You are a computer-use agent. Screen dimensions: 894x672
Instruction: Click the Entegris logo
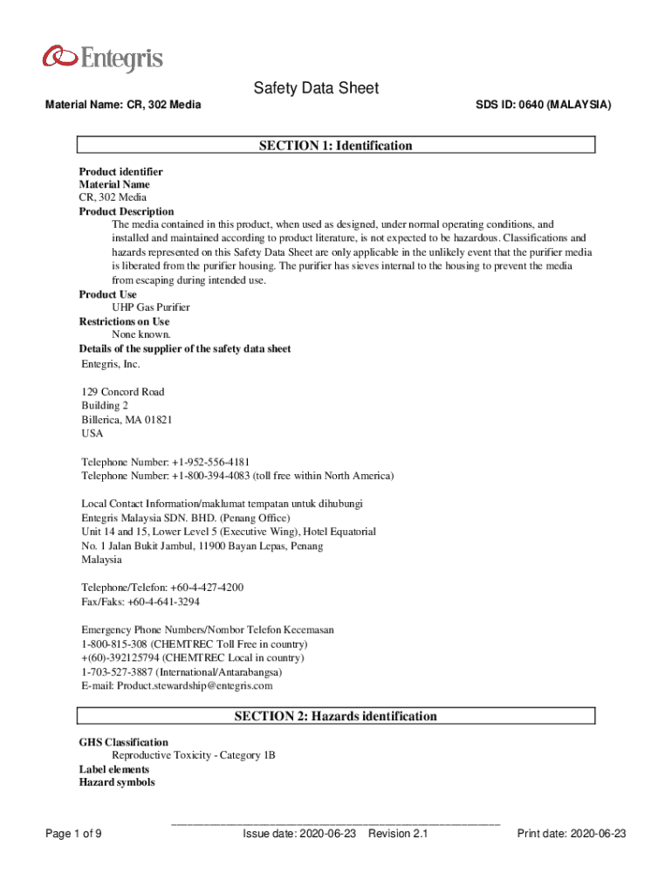click(103, 58)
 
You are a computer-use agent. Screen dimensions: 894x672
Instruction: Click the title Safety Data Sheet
click(316, 88)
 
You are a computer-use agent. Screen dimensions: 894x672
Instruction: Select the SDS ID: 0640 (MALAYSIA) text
click(543, 105)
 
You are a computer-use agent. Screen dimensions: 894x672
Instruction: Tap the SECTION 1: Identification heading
click(336, 146)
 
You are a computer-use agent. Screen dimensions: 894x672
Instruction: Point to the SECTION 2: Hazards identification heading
click(336, 717)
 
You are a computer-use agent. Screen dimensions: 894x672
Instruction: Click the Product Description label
click(127, 211)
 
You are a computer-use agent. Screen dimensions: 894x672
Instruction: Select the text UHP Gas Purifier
click(151, 307)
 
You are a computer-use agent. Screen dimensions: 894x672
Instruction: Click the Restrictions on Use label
click(124, 321)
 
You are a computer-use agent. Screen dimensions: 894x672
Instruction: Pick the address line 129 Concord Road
click(123, 392)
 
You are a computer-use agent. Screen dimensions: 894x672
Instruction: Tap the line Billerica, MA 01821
click(127, 420)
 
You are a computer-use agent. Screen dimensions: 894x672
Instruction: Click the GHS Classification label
click(124, 742)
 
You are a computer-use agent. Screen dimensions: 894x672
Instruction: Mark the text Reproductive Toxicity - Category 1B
click(194, 755)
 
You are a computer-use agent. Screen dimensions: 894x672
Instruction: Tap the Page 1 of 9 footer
click(74, 834)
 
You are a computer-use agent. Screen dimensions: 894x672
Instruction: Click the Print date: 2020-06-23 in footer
click(572, 834)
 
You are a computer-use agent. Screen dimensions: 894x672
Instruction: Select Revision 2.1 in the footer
click(398, 834)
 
